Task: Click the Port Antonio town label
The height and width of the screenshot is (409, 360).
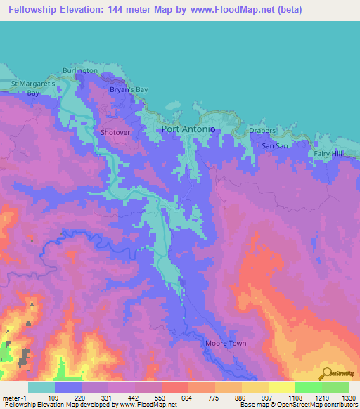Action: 188,129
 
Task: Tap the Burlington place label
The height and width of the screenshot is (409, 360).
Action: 79,72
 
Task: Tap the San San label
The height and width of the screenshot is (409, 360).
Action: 275,145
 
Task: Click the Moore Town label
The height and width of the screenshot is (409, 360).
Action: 224,344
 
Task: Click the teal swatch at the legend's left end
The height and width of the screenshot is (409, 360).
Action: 41,387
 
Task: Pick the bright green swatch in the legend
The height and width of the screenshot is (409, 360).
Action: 308,387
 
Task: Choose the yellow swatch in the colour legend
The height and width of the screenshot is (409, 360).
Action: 281,387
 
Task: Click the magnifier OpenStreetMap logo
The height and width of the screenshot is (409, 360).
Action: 328,373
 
